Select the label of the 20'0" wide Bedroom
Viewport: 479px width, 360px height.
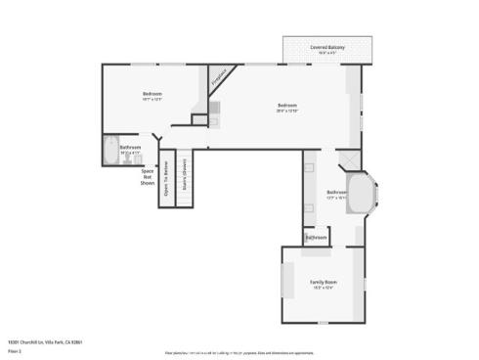286,105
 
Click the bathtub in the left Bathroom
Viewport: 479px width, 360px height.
108,152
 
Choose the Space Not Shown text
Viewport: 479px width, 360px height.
148,176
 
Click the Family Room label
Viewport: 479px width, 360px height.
324,282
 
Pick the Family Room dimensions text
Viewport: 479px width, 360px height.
324,288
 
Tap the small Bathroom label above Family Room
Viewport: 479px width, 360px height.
316,238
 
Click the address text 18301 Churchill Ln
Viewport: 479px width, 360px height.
44,341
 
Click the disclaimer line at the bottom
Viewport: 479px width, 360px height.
293,350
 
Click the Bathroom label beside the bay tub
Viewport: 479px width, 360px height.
336,192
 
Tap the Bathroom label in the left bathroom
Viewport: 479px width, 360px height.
130,148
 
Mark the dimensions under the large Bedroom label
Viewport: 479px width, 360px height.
286,111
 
